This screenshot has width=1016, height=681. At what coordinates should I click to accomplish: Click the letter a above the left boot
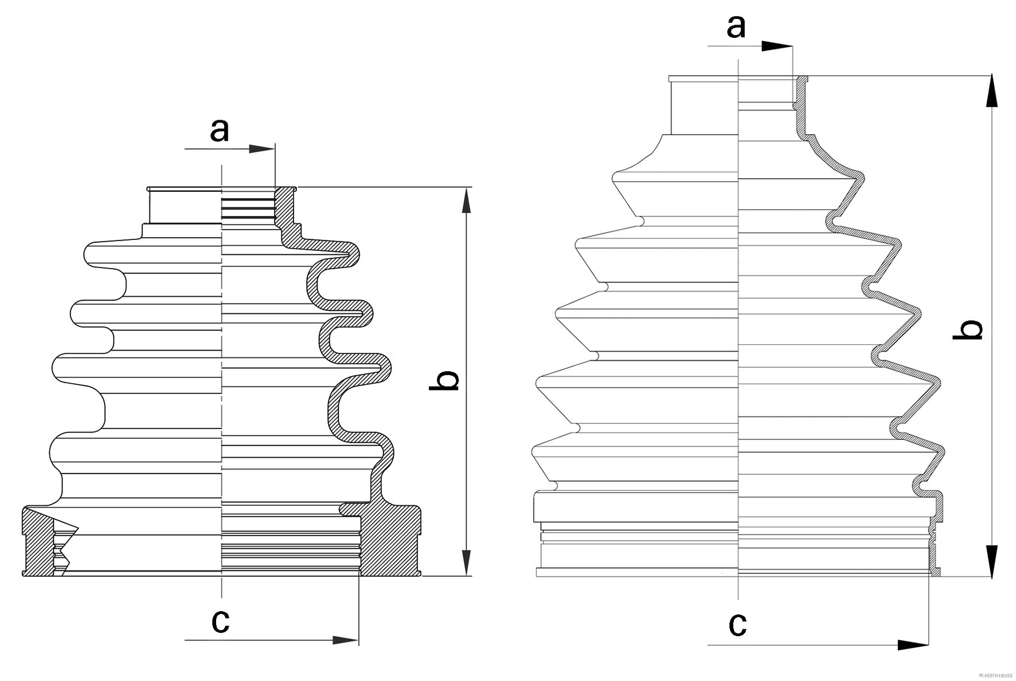tap(219, 130)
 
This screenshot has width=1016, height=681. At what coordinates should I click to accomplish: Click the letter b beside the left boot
tap(444, 380)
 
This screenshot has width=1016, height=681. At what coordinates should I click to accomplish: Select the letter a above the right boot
tap(736, 27)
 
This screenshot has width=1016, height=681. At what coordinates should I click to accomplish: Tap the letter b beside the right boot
tap(968, 330)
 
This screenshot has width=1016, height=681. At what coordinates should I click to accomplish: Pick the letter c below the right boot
tap(737, 624)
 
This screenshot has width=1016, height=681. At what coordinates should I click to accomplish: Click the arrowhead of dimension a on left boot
tap(263, 149)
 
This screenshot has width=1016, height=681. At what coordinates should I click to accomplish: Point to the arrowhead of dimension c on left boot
tap(346, 640)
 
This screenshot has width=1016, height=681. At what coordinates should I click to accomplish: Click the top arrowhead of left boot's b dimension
tap(467, 200)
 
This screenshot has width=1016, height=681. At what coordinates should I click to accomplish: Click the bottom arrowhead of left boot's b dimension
tap(467, 562)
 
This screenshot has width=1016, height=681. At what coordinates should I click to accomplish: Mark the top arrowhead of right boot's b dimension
tap(992, 92)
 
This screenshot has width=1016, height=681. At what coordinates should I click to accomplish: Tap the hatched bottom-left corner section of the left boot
tap(37, 541)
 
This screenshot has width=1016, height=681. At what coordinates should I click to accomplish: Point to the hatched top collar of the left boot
tap(284, 206)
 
